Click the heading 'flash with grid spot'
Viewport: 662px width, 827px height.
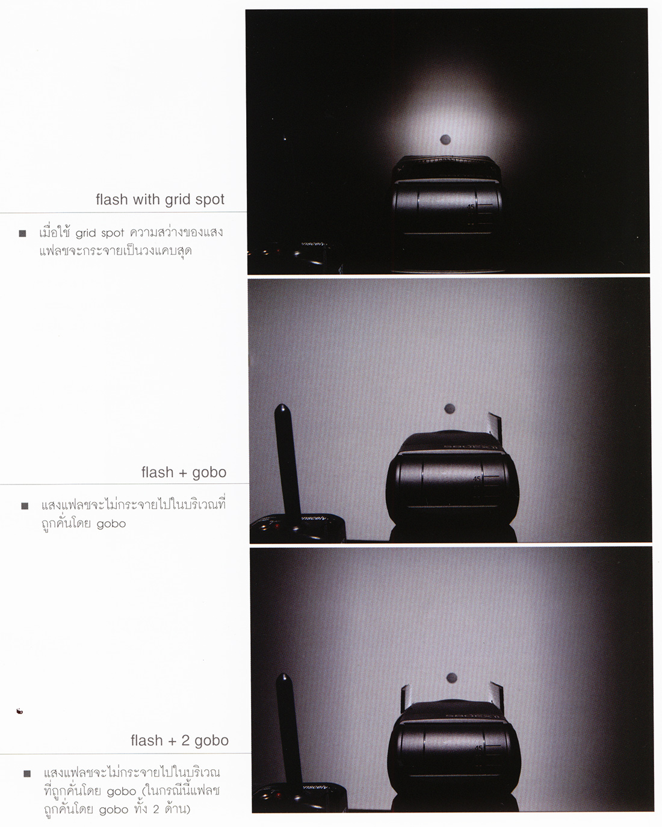(160, 199)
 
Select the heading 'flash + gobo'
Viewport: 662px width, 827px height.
(184, 472)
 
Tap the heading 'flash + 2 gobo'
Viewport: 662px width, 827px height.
(179, 740)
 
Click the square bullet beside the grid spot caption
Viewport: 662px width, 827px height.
(22, 234)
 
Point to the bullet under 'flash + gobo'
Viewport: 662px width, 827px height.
(25, 506)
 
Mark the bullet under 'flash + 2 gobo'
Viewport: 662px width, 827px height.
(27, 773)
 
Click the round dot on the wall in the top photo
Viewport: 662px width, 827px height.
(445, 139)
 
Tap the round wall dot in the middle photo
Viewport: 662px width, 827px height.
(450, 409)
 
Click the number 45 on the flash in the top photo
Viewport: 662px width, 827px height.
(471, 207)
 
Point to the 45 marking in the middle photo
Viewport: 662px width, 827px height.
(477, 479)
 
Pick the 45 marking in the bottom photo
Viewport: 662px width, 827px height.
(478, 748)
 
